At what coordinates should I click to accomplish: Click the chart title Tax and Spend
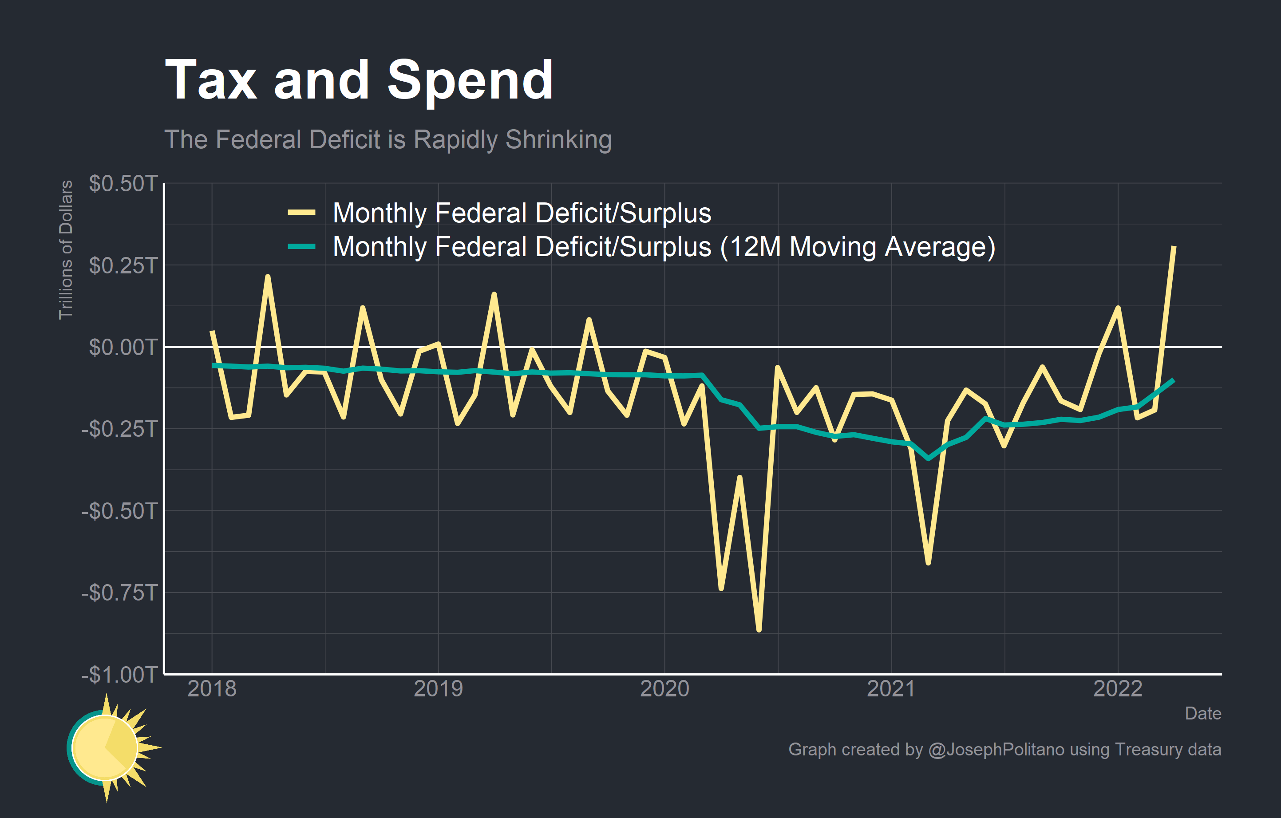tap(359, 81)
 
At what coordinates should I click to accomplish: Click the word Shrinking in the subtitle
tap(558, 140)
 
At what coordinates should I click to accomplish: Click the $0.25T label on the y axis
tap(123, 265)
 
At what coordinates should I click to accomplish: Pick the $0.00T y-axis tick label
tap(123, 347)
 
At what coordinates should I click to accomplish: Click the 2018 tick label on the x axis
tap(212, 689)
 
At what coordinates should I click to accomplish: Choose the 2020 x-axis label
tap(664, 689)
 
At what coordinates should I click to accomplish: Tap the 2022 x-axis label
tap(1118, 689)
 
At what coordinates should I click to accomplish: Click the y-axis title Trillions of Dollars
tap(65, 249)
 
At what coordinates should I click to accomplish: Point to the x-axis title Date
tap(1203, 714)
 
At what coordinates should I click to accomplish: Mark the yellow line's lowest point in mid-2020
tap(759, 630)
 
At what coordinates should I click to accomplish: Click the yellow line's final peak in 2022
tap(1174, 247)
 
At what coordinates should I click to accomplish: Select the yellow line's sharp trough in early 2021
tap(928, 563)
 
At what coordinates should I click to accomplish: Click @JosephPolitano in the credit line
tap(996, 749)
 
